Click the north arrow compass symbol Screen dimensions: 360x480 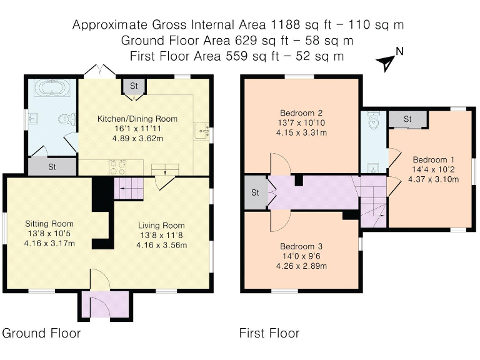pos(387,61)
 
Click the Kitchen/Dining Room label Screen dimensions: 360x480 pos(137,119)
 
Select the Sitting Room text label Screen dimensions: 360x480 pos(49,224)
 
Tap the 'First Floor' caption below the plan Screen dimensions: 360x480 pos(269,333)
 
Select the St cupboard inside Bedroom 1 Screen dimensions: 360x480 pos(407,119)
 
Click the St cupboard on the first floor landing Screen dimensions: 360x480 pos(255,192)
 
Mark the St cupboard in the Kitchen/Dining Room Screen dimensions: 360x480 pos(134,87)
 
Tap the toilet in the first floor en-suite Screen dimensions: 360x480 pos(374,121)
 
